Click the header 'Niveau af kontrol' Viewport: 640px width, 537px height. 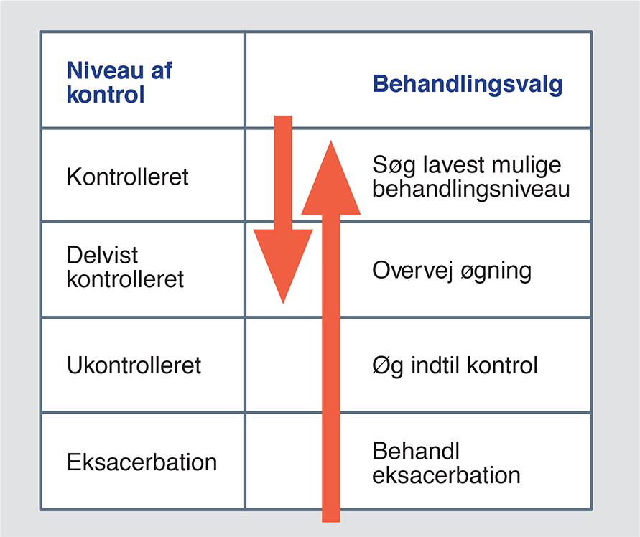pos(119,83)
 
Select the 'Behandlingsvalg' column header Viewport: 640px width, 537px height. pos(468,85)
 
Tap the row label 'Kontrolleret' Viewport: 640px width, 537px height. pos(127,177)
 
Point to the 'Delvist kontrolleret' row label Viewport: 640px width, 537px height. pos(125,267)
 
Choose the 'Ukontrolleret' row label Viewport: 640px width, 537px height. pos(134,365)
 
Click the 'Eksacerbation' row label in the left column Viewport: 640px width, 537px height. pos(142,462)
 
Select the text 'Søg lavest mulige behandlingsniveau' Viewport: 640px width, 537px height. pos(471,177)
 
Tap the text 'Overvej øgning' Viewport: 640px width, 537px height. pos(452,271)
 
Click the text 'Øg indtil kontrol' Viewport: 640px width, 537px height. pos(455,365)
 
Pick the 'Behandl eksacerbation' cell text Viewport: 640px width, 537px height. pos(446,463)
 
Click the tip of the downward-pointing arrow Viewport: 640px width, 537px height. pos(283,303)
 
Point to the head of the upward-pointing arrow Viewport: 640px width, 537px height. pos(331,141)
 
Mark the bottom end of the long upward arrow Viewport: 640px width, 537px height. pos(330,521)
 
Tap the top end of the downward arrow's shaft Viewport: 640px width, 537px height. pos(283,116)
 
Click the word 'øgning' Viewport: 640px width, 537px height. pos(496,272)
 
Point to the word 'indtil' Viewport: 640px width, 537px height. pos(435,365)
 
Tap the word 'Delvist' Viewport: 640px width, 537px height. pos(102,255)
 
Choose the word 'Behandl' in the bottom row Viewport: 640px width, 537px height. pos(416,452)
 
